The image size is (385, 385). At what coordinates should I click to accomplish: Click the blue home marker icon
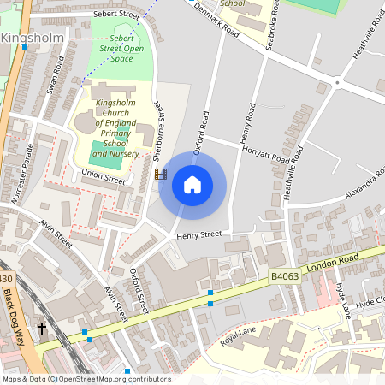pyautogui.click(x=192, y=184)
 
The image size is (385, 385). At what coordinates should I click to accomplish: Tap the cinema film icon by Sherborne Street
pyautogui.click(x=161, y=174)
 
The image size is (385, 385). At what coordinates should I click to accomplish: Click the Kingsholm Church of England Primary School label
pyautogui.click(x=116, y=127)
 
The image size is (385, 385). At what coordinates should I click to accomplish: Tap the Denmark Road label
pyautogui.click(x=216, y=18)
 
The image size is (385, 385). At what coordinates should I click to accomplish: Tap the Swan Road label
pyautogui.click(x=56, y=75)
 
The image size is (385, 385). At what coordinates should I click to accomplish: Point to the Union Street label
pyautogui.click(x=103, y=178)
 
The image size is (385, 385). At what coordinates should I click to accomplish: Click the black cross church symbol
pyautogui.click(x=42, y=328)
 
